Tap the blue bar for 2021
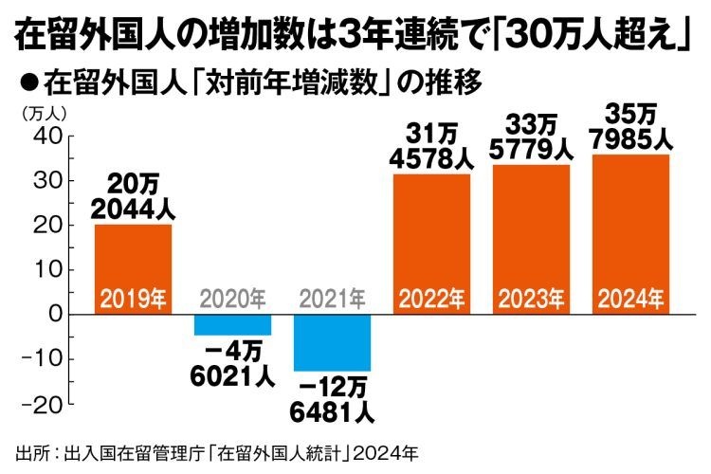332,342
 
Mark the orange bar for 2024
630,234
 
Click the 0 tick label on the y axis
55,314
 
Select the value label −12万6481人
332,401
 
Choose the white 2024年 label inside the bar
630,300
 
